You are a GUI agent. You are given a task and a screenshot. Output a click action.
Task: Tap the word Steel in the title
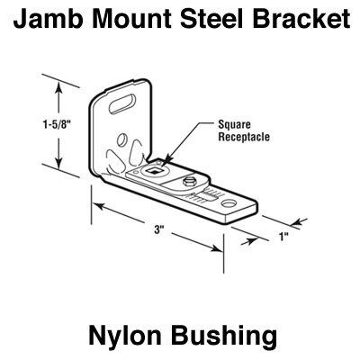211,18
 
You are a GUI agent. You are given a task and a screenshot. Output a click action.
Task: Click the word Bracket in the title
301,18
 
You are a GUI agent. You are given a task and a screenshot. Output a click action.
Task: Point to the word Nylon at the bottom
125,337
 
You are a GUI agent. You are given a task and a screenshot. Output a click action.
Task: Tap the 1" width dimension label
283,238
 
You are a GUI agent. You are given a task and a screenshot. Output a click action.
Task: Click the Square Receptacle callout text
244,130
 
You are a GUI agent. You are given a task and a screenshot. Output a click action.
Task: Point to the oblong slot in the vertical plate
122,103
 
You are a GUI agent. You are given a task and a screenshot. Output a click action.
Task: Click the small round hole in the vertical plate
121,139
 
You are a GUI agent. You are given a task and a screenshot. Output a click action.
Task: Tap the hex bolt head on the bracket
188,182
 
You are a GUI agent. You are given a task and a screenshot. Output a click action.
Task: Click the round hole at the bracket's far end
229,203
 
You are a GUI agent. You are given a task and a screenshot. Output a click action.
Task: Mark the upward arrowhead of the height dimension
59,87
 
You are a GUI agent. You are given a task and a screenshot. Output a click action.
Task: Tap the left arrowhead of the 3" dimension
98,206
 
